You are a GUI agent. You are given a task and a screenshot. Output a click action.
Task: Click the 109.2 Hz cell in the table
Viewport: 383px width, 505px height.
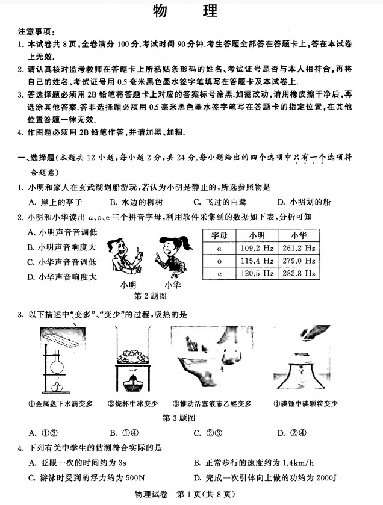pos(257,247)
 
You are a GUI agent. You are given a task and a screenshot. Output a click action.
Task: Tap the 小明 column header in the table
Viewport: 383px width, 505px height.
pos(257,235)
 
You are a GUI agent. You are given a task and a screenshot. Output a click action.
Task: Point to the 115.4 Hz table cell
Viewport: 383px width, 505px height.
pos(257,260)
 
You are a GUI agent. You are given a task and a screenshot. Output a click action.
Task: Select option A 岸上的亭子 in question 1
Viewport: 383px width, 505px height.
pos(55,202)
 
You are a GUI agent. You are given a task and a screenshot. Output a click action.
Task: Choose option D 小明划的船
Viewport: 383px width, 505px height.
pos(304,202)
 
